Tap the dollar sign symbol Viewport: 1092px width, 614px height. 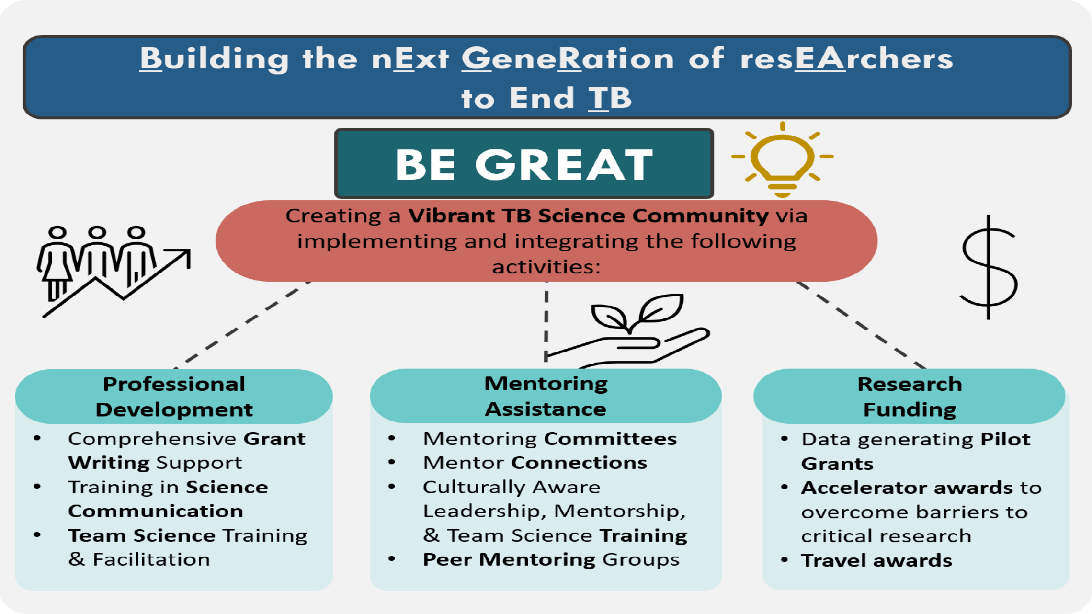988,267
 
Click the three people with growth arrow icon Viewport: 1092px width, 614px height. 114,271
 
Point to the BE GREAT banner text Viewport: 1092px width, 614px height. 524,164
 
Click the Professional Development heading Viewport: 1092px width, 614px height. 174,397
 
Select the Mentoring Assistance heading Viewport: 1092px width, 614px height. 546,396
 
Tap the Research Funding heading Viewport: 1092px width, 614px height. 910,397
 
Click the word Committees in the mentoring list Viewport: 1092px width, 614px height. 610,439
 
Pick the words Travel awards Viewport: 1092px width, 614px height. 876,560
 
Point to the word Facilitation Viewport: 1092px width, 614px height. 151,559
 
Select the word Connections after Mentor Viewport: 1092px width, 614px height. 579,463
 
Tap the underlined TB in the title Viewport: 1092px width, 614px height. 610,98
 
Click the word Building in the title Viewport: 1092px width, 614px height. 214,59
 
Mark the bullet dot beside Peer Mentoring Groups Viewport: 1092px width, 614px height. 392,558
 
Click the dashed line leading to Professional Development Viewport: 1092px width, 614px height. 242,325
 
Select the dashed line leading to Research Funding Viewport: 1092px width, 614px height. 861,325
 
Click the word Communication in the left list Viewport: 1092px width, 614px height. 156,511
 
